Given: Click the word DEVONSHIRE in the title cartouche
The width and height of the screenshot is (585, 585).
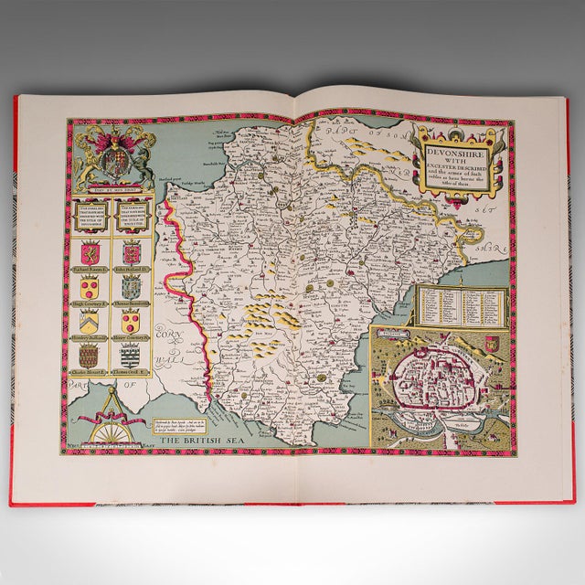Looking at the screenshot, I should click(x=456, y=144).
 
